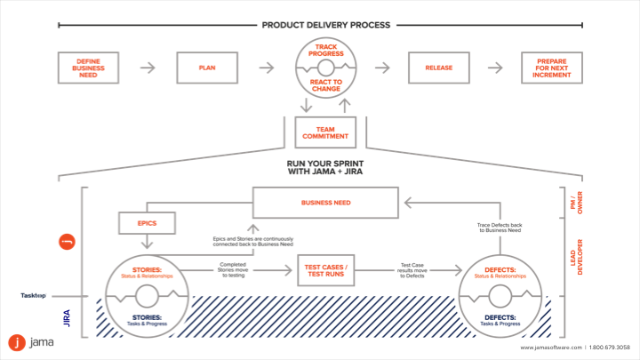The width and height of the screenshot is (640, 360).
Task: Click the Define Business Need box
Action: click(88, 68)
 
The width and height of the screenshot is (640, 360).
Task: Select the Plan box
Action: click(207, 68)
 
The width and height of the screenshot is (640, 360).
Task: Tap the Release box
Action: click(439, 68)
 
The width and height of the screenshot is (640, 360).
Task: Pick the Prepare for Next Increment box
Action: click(552, 68)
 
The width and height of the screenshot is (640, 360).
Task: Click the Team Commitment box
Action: click(325, 132)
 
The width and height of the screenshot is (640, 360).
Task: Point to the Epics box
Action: click(147, 223)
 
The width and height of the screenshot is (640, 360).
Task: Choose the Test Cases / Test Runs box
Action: click(325, 270)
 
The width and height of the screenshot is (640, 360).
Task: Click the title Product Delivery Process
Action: click(325, 25)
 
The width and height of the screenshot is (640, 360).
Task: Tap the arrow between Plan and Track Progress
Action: click(267, 68)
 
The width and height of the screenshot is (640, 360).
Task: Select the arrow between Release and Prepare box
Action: click(495, 68)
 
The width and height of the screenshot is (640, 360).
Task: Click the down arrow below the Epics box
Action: click(147, 242)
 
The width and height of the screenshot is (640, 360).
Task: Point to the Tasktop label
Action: click(34, 295)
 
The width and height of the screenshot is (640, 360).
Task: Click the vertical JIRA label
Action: click(67, 318)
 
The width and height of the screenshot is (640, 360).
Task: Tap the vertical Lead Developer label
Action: click(576, 257)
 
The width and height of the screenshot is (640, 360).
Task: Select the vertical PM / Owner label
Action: click(576, 203)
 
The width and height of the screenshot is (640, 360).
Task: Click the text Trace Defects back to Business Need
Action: click(500, 228)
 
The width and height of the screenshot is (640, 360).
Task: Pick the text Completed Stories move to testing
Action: click(233, 270)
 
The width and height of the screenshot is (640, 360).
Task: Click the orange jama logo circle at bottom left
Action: click(17, 343)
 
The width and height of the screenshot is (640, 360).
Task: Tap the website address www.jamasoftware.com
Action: click(551, 348)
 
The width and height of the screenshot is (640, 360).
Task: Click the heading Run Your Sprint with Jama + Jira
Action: click(325, 167)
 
